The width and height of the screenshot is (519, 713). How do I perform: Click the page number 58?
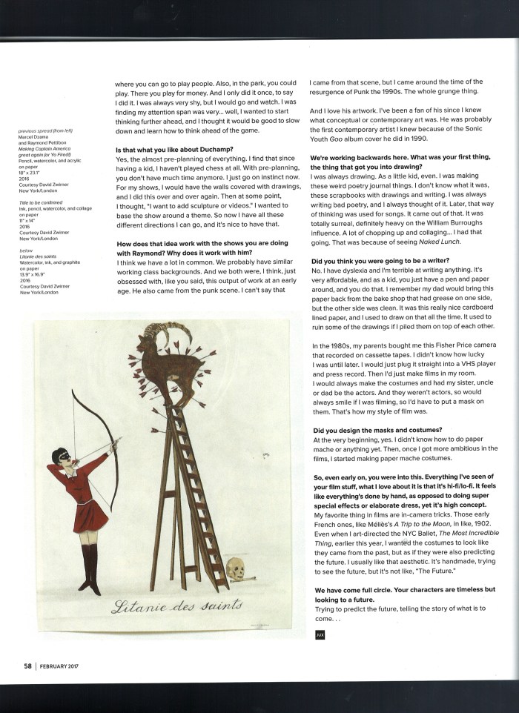pos(27,666)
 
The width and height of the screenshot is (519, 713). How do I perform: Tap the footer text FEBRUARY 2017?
pos(59,666)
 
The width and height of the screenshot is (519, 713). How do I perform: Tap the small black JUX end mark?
pos(319,634)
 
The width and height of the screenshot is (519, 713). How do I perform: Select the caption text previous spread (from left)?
pos(48,132)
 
